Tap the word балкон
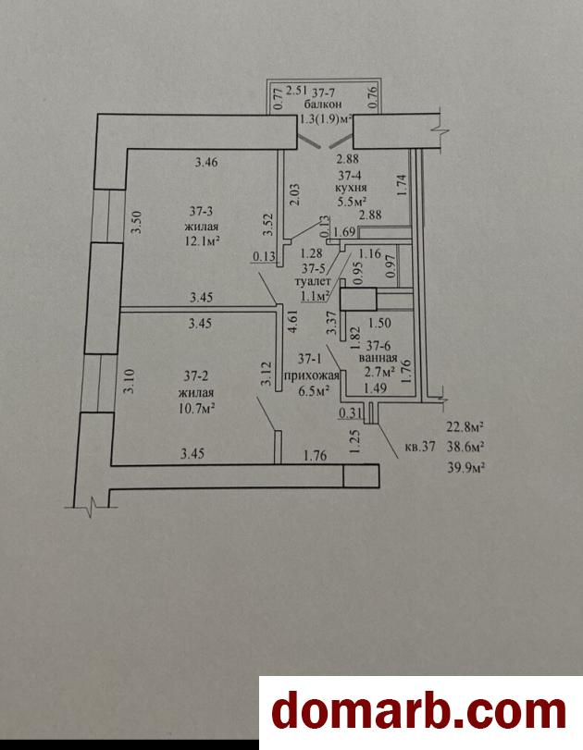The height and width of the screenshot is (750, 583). tap(320, 105)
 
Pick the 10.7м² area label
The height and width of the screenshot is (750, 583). tap(201, 405)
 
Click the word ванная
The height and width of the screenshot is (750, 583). tap(378, 359)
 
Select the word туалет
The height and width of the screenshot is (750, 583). tap(316, 284)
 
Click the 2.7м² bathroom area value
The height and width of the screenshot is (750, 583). tap(379, 373)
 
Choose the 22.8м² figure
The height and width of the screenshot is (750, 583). tap(465, 426)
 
